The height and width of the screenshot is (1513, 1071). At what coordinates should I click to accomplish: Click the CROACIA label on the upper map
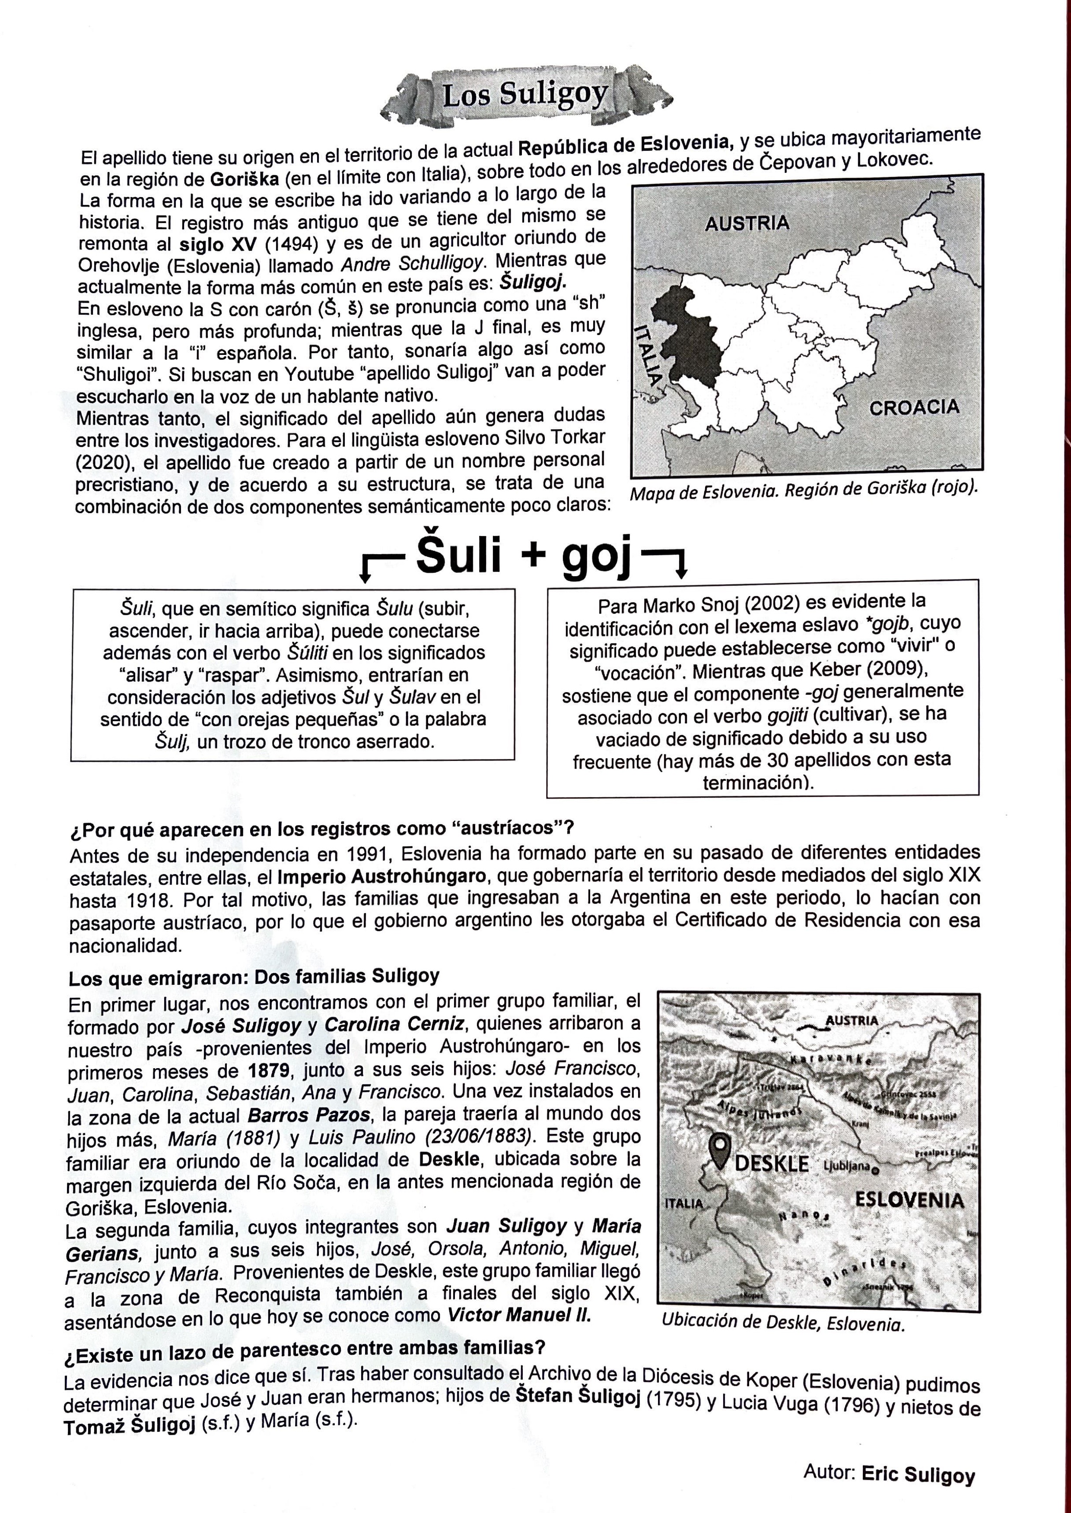point(914,408)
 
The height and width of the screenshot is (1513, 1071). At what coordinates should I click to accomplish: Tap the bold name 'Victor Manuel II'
point(519,1315)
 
